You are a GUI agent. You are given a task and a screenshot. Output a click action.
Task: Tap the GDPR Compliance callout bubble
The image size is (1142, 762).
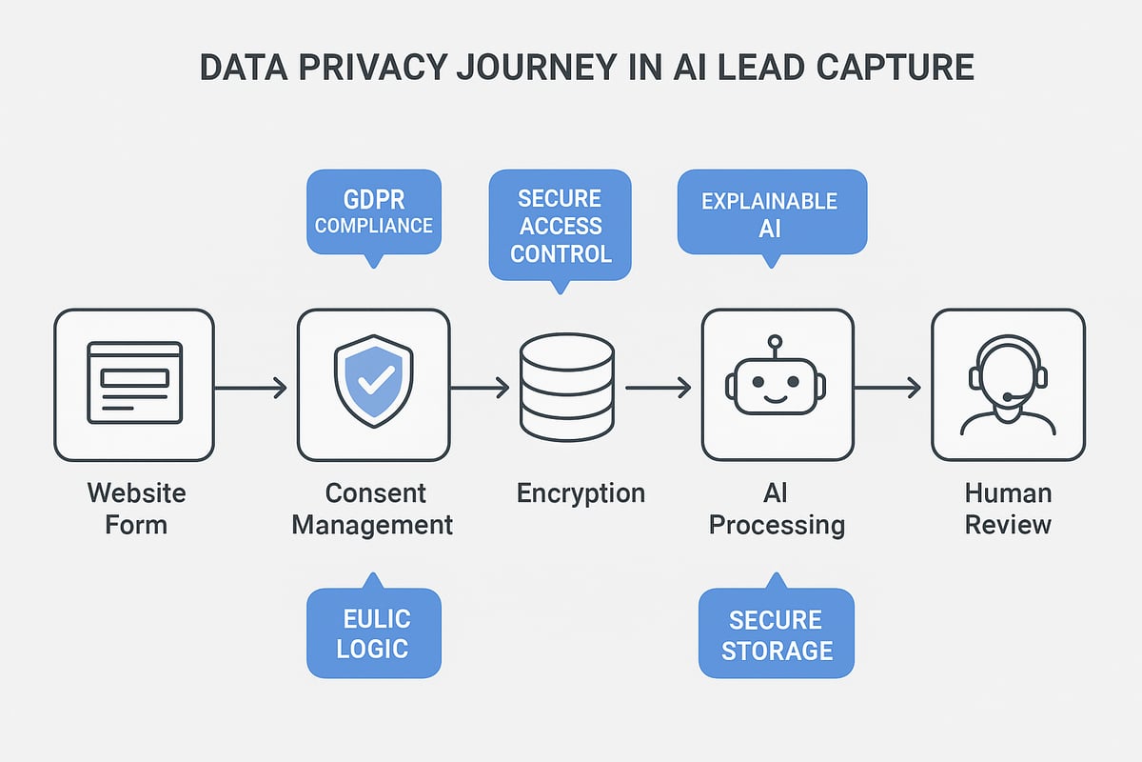tap(374, 212)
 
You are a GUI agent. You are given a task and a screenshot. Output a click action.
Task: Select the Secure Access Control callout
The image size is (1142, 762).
tap(560, 225)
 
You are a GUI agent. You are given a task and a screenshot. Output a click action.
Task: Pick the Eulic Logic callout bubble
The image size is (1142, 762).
tap(374, 633)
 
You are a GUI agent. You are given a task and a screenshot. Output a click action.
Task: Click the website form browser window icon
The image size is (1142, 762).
tap(134, 383)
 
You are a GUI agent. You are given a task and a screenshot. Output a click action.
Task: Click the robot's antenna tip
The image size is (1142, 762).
tap(775, 340)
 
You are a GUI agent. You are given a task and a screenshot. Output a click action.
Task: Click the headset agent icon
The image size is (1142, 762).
tap(1008, 384)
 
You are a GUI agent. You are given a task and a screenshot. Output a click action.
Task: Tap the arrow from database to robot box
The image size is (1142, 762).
tap(658, 388)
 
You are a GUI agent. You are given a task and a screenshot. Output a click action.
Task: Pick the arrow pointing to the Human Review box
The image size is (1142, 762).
tap(887, 388)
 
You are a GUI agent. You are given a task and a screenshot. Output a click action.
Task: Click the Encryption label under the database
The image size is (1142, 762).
tap(581, 493)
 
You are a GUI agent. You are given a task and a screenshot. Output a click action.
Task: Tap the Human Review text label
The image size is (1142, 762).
tap(1008, 508)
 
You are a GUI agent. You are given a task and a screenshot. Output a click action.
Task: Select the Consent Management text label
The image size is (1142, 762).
tap(372, 509)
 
